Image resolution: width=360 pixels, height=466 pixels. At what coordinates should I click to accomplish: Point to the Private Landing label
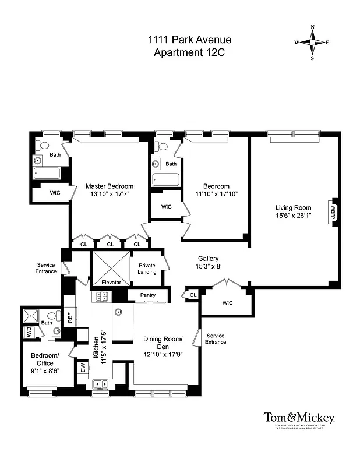pos(147,268)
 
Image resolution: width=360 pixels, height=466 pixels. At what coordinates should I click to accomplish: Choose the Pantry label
pos(148,295)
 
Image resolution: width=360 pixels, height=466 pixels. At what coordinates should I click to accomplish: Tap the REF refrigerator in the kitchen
pos(70,317)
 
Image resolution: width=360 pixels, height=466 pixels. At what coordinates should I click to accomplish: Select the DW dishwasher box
pos(83,368)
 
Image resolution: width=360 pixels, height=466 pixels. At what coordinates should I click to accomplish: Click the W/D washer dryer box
pos(28,333)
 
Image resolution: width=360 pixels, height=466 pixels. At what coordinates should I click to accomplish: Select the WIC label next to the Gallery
pos(227,303)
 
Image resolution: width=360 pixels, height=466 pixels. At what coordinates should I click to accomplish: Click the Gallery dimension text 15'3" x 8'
pos(208,266)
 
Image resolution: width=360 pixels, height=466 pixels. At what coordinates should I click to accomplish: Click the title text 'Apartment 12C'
pos(189,53)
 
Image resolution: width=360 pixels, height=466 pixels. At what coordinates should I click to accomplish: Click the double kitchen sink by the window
pos(101,384)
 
